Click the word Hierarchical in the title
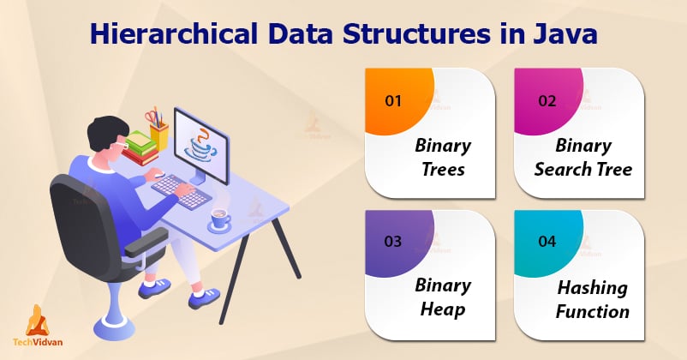tap(174, 33)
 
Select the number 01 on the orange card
tap(393, 101)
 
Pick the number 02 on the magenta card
tap(547, 101)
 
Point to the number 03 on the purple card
tap(393, 241)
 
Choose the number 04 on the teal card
tap(547, 241)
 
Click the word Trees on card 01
tap(443, 169)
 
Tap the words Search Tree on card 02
tap(583, 169)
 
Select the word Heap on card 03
tap(443, 309)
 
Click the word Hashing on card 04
tap(593, 288)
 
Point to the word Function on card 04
tap(593, 312)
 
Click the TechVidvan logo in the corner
tap(38, 326)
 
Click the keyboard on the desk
tap(182, 191)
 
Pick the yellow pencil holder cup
tap(158, 135)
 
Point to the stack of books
tap(140, 148)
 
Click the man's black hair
tap(104, 131)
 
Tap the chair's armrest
tap(146, 242)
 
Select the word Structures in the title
tap(416, 33)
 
